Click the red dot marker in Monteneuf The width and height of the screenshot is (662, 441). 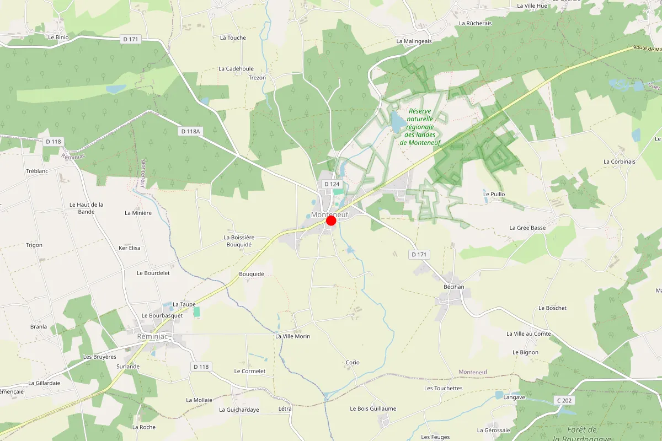tap(331, 220)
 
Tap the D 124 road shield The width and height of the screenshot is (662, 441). tap(332, 184)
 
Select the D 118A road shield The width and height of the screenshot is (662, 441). tap(190, 131)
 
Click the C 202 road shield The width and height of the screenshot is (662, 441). tap(563, 400)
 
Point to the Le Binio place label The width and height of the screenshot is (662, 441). tap(58, 37)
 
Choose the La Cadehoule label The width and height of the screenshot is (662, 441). tap(236, 69)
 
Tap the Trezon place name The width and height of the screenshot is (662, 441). tap(257, 78)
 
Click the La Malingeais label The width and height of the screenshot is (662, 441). tap(414, 41)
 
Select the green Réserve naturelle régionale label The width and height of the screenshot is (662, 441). tap(420, 127)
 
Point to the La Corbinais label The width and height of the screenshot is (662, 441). tap(620, 162)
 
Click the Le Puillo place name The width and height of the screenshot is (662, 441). tap(494, 194)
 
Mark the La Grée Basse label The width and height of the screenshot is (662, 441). tap(527, 228)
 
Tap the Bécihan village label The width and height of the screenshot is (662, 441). tap(454, 287)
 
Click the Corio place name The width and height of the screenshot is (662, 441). tap(353, 362)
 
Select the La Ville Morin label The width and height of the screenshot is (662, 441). tap(292, 336)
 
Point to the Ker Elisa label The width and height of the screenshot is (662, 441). tap(130, 248)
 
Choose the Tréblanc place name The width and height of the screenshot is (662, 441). tap(38, 171)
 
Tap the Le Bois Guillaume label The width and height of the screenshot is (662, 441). tap(373, 408)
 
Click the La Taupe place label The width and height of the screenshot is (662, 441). tap(184, 304)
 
